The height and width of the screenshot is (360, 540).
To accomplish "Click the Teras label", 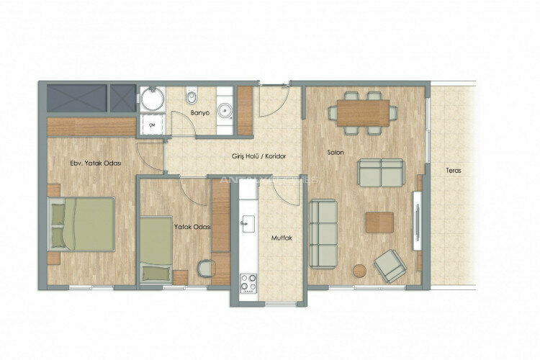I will pyautogui.click(x=453, y=171).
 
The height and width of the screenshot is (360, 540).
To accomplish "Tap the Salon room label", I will pyautogui.click(x=334, y=152).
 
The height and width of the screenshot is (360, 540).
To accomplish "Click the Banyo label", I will pyautogui.click(x=199, y=114).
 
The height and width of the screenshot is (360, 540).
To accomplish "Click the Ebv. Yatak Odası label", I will pyautogui.click(x=95, y=163).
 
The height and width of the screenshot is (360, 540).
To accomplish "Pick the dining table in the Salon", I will pyautogui.click(x=363, y=112).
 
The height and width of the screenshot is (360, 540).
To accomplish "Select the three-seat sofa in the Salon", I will pyautogui.click(x=323, y=232).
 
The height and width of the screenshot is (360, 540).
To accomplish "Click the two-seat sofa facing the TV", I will pyautogui.click(x=382, y=173).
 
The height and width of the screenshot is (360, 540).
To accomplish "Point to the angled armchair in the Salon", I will pyautogui.click(x=390, y=266).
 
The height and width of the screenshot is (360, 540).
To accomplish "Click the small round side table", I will pyautogui.click(x=359, y=271).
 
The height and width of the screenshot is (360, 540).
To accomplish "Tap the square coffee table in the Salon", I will pyautogui.click(x=379, y=222).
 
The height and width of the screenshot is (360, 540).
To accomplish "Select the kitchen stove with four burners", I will pyautogui.click(x=248, y=282).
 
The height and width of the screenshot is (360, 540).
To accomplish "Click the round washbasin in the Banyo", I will pyautogui.click(x=225, y=110).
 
